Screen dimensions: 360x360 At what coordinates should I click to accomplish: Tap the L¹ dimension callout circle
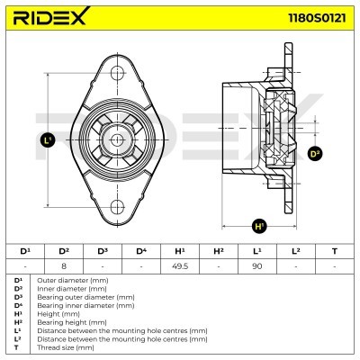(49, 139)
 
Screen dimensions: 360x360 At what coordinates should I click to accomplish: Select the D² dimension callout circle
(315, 154)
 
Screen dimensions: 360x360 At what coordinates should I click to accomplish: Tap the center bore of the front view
(117, 139)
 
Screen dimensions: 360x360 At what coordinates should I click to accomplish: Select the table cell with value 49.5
(180, 265)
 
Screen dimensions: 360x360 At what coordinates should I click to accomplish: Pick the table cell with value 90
(257, 265)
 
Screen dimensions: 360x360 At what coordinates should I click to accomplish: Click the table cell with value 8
(64, 265)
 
